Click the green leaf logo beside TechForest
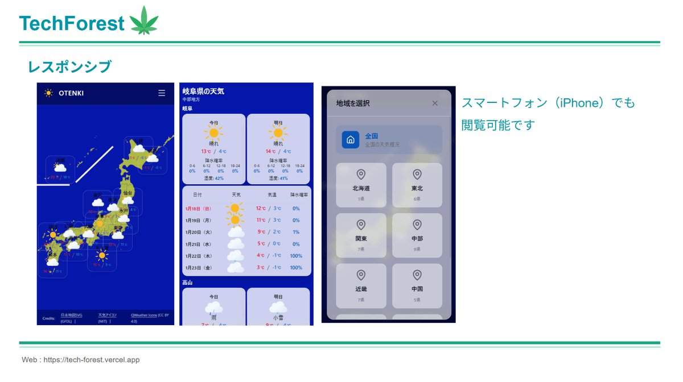coord(143,21)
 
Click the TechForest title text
coord(72,23)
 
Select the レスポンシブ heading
coord(69,67)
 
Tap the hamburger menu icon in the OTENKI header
coord(162,93)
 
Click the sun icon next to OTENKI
coord(49,93)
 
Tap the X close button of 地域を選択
coord(435,103)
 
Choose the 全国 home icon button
coord(351,140)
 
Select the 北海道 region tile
coord(361,185)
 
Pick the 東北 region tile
coord(417,185)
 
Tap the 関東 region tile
coord(361,235)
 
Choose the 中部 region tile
coord(417,235)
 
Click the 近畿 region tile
coord(361,285)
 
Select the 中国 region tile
coord(417,285)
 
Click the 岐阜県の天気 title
coord(203,91)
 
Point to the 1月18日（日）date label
coord(198,209)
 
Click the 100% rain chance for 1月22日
coord(296,256)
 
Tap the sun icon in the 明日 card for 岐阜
coord(278,134)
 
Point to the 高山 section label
coord(187,283)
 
